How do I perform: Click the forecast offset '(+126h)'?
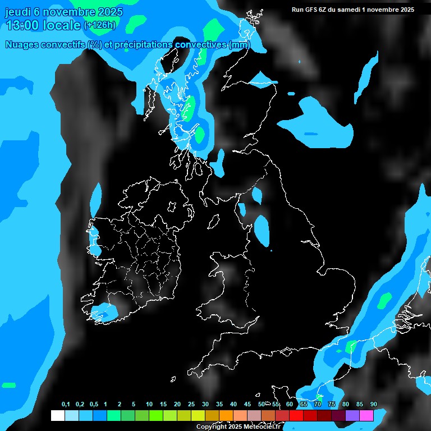tap(100, 25)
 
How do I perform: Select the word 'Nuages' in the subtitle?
tap(22, 45)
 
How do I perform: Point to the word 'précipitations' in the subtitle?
tap(144, 45)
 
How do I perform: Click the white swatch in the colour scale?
tap(57, 416)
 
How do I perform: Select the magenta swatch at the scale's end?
tap(366, 416)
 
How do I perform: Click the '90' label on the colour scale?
tap(374, 404)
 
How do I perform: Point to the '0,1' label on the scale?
tap(66, 404)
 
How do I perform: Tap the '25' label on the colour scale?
tap(191, 404)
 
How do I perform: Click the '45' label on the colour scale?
tap(247, 404)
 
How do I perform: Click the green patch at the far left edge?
tap(8, 386)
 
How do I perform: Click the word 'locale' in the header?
tap(63, 25)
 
